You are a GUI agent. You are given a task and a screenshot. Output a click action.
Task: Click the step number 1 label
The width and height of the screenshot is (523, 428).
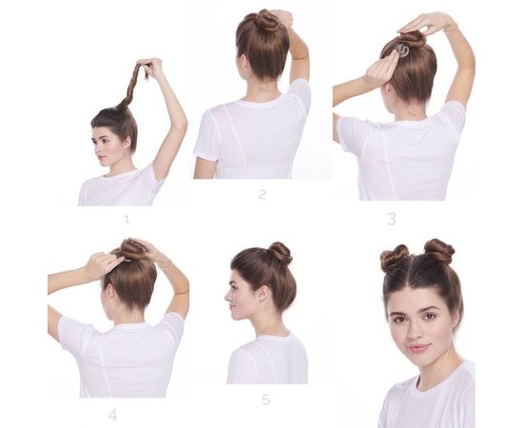126,219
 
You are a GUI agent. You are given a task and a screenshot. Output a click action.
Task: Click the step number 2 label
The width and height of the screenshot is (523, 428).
262,194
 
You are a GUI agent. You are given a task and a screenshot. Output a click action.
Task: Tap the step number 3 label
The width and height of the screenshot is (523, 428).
392,219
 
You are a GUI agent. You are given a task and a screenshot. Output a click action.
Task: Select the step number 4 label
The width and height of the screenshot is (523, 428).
113,415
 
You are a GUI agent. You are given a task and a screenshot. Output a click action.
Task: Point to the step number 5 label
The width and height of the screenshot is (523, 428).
265,399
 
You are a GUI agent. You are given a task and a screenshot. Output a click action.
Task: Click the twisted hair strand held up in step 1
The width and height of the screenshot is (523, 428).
134,84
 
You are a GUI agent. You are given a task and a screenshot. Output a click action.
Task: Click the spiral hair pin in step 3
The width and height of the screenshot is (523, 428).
403,50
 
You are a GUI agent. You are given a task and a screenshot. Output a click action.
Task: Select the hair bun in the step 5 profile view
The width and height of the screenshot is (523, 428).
281,253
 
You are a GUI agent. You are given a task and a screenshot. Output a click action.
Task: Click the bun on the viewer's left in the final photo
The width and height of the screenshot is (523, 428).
395,257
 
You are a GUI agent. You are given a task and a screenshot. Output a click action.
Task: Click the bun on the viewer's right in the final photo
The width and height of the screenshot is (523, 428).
439,251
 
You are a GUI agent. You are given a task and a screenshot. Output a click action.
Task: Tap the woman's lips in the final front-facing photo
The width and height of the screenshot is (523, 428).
418,347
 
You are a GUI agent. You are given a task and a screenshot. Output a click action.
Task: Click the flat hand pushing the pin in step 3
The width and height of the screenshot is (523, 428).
382,68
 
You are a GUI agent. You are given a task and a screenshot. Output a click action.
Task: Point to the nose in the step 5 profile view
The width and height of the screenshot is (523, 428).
227,297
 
